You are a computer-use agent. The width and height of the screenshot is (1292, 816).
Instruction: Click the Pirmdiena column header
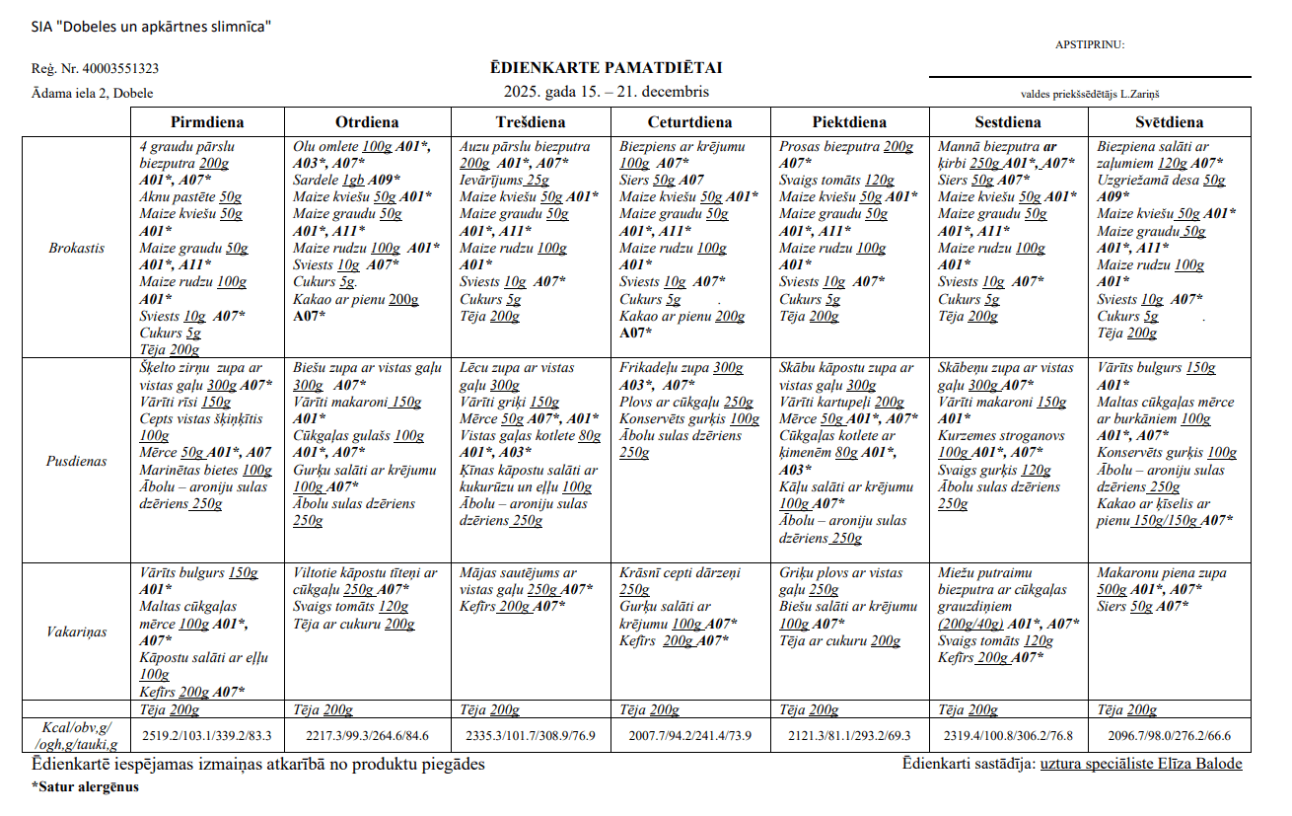[207, 122]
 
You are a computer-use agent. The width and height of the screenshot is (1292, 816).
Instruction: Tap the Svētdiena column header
[1169, 122]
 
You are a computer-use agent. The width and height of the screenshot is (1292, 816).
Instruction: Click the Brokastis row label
[77, 248]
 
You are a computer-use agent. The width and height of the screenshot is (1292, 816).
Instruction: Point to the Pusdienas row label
[78, 461]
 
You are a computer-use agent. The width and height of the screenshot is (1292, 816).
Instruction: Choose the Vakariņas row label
[77, 631]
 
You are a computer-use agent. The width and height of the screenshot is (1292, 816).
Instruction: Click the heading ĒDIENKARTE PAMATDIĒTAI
[606, 68]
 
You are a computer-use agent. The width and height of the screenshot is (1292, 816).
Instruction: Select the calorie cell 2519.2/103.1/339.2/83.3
[207, 736]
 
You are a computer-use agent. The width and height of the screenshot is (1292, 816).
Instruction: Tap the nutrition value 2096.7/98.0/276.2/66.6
[1169, 736]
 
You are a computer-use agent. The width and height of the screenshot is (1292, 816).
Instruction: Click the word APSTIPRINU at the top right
[1089, 44]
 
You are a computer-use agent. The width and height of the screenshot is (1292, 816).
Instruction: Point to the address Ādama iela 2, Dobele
[92, 93]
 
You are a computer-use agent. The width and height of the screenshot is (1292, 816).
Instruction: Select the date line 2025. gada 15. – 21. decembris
[606, 92]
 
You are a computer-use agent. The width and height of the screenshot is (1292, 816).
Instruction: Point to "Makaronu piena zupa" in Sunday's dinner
[1162, 572]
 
